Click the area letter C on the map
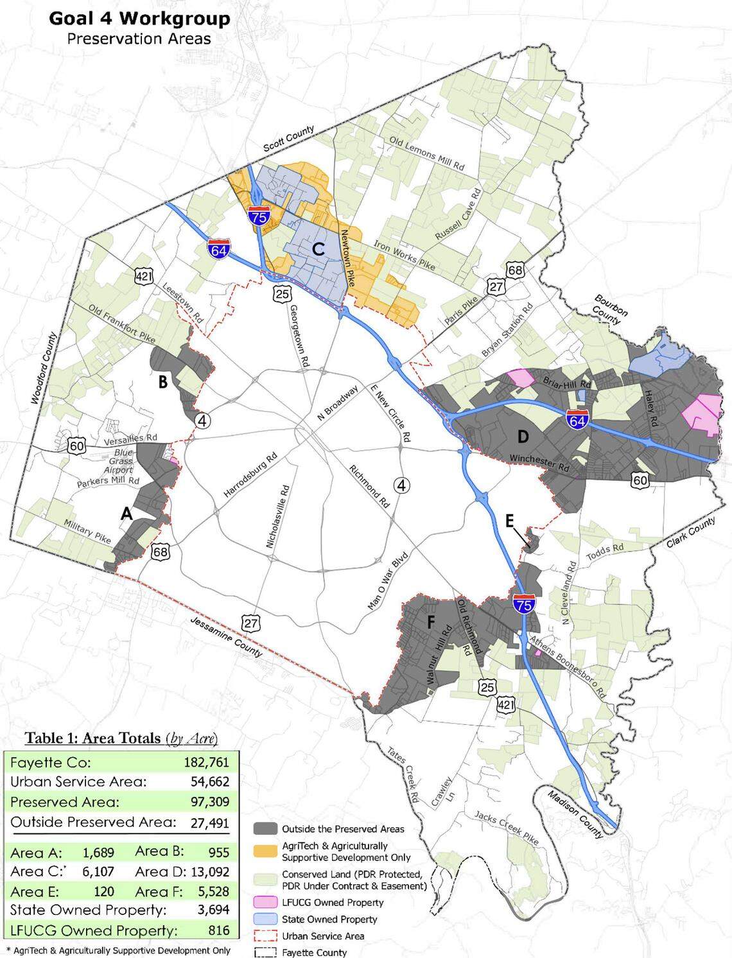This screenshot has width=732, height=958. pos(317,248)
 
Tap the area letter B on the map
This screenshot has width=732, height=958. pos(163,382)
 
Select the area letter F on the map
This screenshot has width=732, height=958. pos(431,621)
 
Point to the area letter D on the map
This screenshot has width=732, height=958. pos(523,437)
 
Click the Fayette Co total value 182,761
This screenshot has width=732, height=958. pos(203,763)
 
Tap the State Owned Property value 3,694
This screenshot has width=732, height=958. pos(209,910)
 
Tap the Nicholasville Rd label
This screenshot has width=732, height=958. pos(277,516)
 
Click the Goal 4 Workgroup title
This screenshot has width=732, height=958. pos(139,19)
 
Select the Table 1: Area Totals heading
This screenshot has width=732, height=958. pos(121,738)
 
